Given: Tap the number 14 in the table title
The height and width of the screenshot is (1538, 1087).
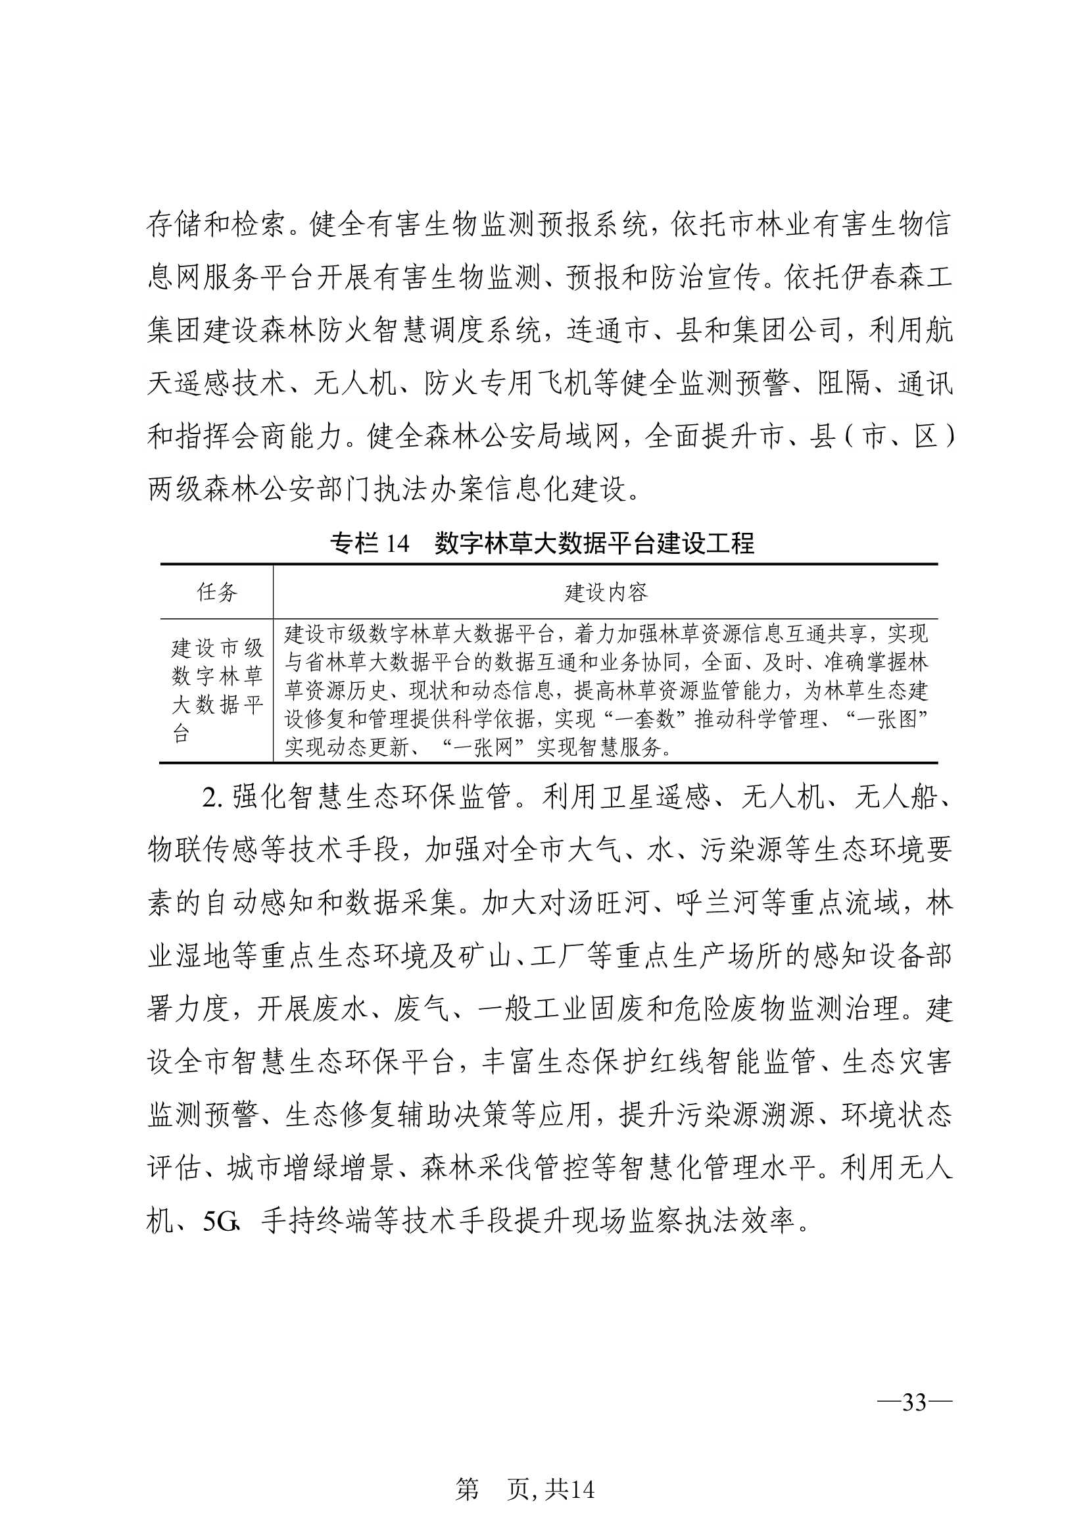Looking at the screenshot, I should (397, 543).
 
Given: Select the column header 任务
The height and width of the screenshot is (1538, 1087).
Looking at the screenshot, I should (217, 591).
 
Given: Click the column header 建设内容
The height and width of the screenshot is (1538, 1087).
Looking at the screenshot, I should (606, 591).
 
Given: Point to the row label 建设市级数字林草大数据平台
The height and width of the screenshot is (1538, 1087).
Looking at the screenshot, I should (217, 690).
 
